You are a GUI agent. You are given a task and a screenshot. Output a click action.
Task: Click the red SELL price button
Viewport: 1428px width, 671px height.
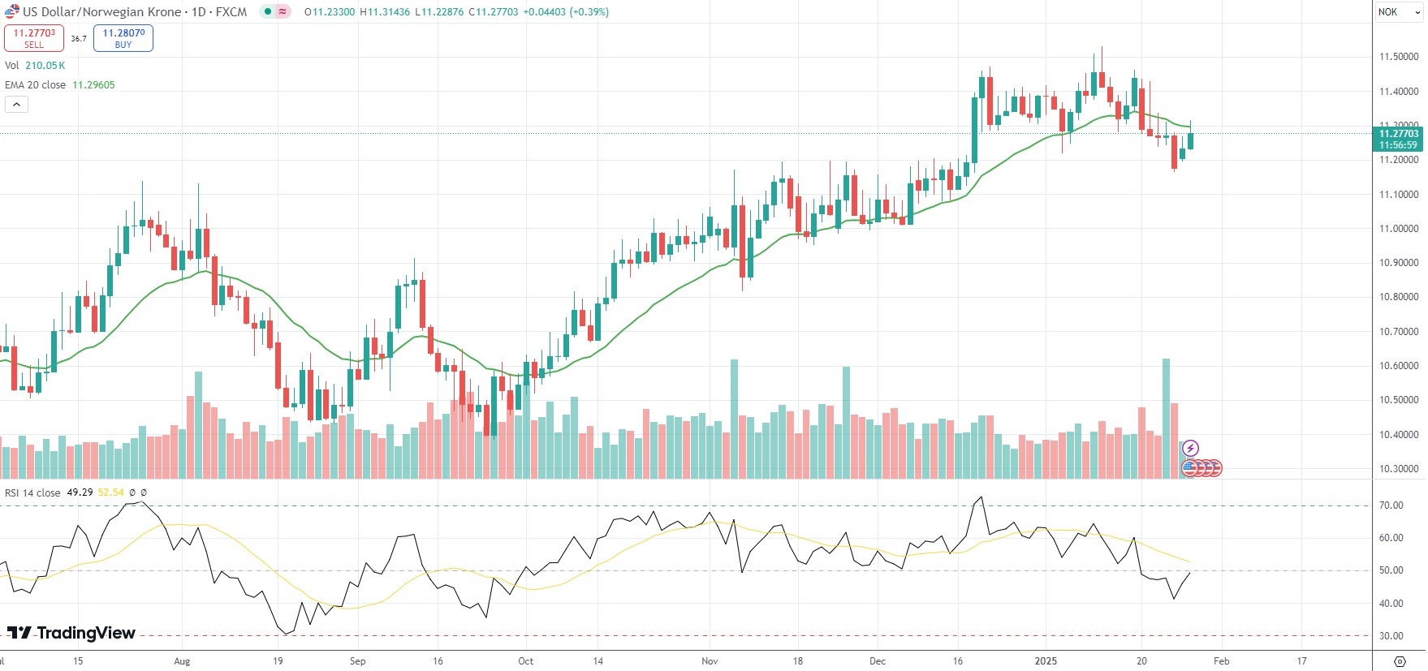[x=34, y=38]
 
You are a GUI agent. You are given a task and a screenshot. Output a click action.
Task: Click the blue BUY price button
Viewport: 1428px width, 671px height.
[x=123, y=38]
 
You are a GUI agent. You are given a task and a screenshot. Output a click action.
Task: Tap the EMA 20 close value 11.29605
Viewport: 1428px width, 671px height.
[x=94, y=85]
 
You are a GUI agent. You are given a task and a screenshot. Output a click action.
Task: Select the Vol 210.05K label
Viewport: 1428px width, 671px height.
[x=35, y=66]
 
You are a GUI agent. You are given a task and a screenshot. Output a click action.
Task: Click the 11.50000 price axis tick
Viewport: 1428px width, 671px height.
[x=1399, y=57]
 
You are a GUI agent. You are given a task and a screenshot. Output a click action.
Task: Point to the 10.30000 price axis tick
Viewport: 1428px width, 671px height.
[x=1399, y=469]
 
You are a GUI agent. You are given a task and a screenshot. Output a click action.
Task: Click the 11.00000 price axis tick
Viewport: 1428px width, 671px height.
[x=1399, y=229]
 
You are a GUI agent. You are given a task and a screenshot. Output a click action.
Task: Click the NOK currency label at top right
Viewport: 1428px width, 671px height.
[x=1388, y=12]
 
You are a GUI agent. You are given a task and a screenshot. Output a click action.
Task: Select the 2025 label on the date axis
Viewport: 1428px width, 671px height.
[x=1046, y=661]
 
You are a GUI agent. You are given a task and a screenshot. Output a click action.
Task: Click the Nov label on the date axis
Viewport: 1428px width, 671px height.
[x=710, y=661]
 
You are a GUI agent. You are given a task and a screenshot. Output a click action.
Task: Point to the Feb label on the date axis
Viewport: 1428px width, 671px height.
[x=1221, y=661]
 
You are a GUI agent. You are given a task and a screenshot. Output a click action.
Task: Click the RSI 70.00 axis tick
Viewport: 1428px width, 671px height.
[x=1391, y=505]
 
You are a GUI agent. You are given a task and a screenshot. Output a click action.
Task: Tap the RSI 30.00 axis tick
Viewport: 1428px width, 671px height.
[x=1391, y=636]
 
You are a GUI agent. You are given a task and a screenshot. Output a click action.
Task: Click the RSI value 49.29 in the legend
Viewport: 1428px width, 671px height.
[x=80, y=492]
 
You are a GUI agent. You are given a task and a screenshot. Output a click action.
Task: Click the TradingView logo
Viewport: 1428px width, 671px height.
[x=71, y=633]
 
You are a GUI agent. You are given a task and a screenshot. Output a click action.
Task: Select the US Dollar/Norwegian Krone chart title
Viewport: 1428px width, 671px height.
[x=102, y=12]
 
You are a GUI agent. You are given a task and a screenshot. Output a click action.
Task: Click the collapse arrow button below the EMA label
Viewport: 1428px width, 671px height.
[x=17, y=105]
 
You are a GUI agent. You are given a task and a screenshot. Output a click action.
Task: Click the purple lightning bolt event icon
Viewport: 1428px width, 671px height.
[x=1190, y=448]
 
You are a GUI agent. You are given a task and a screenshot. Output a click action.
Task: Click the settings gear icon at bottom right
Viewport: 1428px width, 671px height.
[x=1400, y=661]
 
